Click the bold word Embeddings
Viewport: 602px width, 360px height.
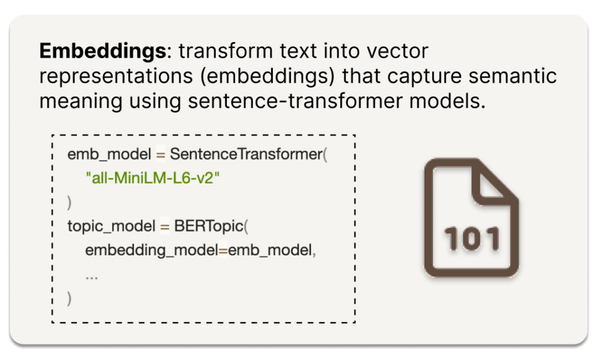102,52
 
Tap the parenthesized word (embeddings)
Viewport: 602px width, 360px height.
267,76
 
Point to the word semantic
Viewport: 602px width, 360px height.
513,76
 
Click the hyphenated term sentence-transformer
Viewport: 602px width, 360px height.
295,101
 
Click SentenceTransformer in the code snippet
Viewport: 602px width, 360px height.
246,154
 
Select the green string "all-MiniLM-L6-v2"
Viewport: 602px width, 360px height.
153,178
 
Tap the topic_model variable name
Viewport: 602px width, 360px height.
111,226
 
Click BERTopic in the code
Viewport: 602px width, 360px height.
209,226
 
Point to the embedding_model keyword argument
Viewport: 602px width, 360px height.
152,251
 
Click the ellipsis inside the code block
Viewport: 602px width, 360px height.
92,277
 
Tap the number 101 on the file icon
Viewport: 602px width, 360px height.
472,239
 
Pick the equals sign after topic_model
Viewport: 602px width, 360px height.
165,226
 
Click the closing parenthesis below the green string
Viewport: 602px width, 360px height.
69,202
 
